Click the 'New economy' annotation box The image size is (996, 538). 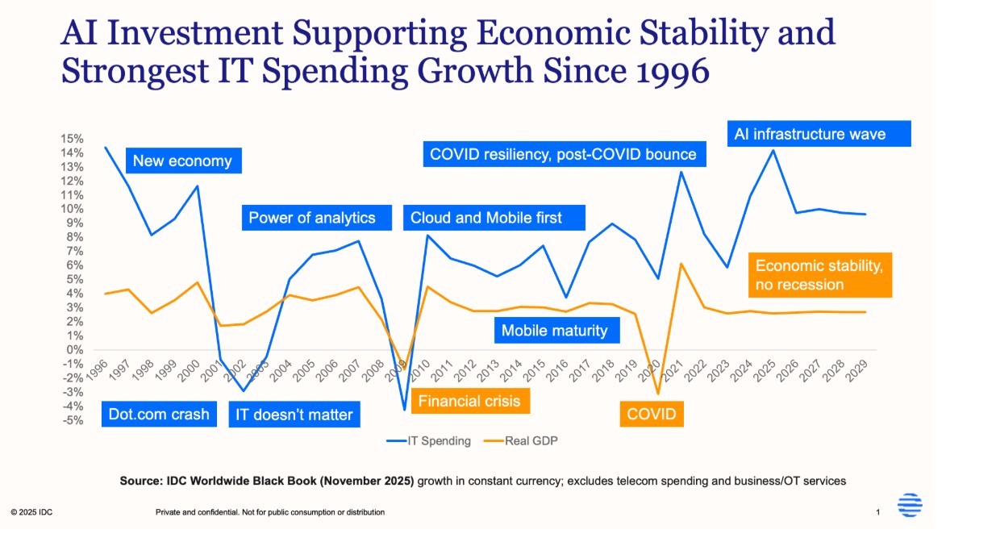point(182,161)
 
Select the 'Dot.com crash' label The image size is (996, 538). point(159,415)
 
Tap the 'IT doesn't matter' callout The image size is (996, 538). point(294,415)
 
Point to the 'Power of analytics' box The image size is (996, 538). point(312,218)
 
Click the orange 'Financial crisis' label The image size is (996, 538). point(469,401)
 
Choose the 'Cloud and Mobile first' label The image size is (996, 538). point(486,218)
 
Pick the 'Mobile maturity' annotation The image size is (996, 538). point(555,330)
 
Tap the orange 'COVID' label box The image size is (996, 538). point(652,415)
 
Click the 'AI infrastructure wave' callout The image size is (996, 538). point(810,134)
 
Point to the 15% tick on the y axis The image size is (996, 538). point(71,139)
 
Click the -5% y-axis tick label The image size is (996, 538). point(71,419)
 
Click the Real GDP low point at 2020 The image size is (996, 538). point(658,394)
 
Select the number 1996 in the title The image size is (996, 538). point(661,71)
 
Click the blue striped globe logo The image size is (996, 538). point(910,506)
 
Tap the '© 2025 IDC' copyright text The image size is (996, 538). point(32,512)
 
